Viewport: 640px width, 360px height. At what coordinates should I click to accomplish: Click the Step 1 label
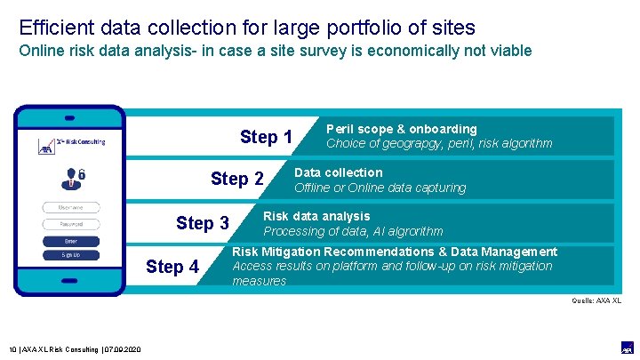[x=266, y=137]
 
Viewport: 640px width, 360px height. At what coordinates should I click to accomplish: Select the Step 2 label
[x=236, y=180]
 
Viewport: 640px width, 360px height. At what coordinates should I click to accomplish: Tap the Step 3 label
[x=203, y=223]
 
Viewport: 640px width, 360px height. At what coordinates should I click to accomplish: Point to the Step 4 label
[x=172, y=267]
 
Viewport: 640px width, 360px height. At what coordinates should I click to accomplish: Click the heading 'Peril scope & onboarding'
[x=402, y=129]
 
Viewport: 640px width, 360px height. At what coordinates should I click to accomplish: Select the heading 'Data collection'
[x=338, y=172]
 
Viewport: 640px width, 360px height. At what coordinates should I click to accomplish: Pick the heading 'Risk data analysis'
[x=316, y=216]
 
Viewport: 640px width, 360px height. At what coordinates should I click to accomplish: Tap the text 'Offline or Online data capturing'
[x=380, y=188]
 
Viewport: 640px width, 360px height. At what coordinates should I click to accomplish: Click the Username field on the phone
[x=70, y=208]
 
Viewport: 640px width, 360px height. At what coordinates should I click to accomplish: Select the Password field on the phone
[x=70, y=224]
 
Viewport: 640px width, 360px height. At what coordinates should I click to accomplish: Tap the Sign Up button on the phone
[x=70, y=255]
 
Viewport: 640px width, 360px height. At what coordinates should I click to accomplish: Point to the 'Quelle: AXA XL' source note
[x=596, y=300]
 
